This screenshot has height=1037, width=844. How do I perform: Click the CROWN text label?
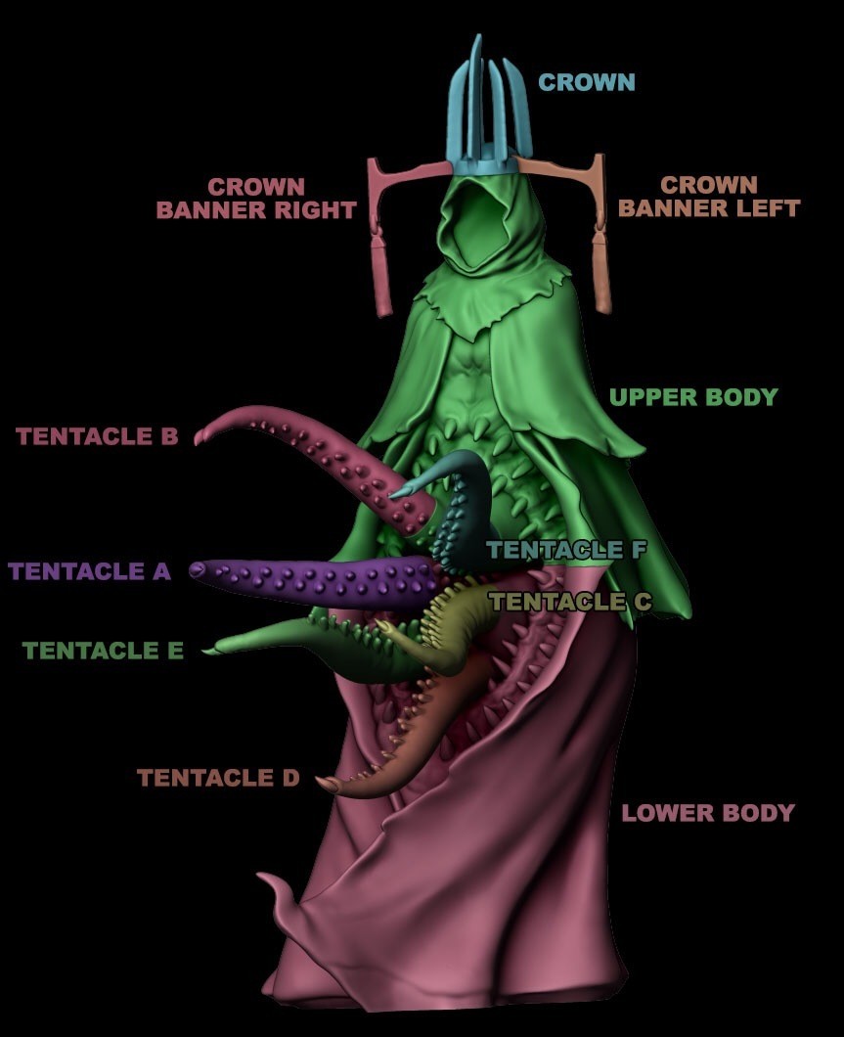point(586,82)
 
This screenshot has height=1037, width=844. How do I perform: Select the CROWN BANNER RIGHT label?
point(256,199)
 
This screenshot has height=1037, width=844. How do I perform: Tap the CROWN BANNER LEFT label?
point(709,197)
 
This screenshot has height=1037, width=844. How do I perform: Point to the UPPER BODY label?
point(692,397)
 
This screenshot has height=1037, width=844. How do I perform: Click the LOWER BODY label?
point(708,813)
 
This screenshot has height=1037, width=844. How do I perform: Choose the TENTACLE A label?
point(90,571)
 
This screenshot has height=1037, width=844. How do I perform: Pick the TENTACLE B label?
point(98,436)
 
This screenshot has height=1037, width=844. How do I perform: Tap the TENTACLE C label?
point(569,602)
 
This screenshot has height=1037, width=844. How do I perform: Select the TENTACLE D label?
point(218,779)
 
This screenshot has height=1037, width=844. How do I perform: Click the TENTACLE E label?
point(103,651)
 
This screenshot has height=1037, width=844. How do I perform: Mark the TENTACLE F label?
point(567,551)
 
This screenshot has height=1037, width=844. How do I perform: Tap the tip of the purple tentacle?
point(199,568)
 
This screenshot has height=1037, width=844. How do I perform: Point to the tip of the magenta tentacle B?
point(200,437)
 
